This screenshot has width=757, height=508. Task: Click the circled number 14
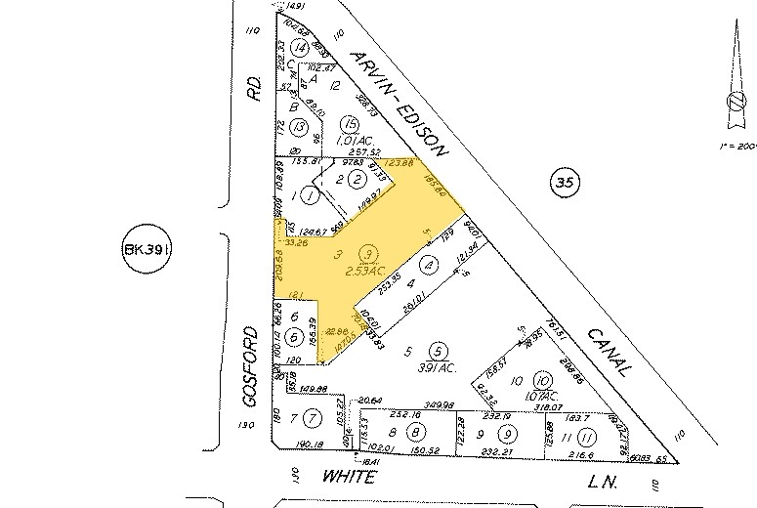pyautogui.click(x=301, y=48)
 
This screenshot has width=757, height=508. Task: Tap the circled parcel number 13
pyautogui.click(x=301, y=127)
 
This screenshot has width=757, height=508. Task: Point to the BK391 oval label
pyautogui.click(x=147, y=251)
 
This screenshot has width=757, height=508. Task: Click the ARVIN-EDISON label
pyautogui.click(x=400, y=103)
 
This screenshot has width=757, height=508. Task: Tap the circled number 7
pyautogui.click(x=311, y=419)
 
